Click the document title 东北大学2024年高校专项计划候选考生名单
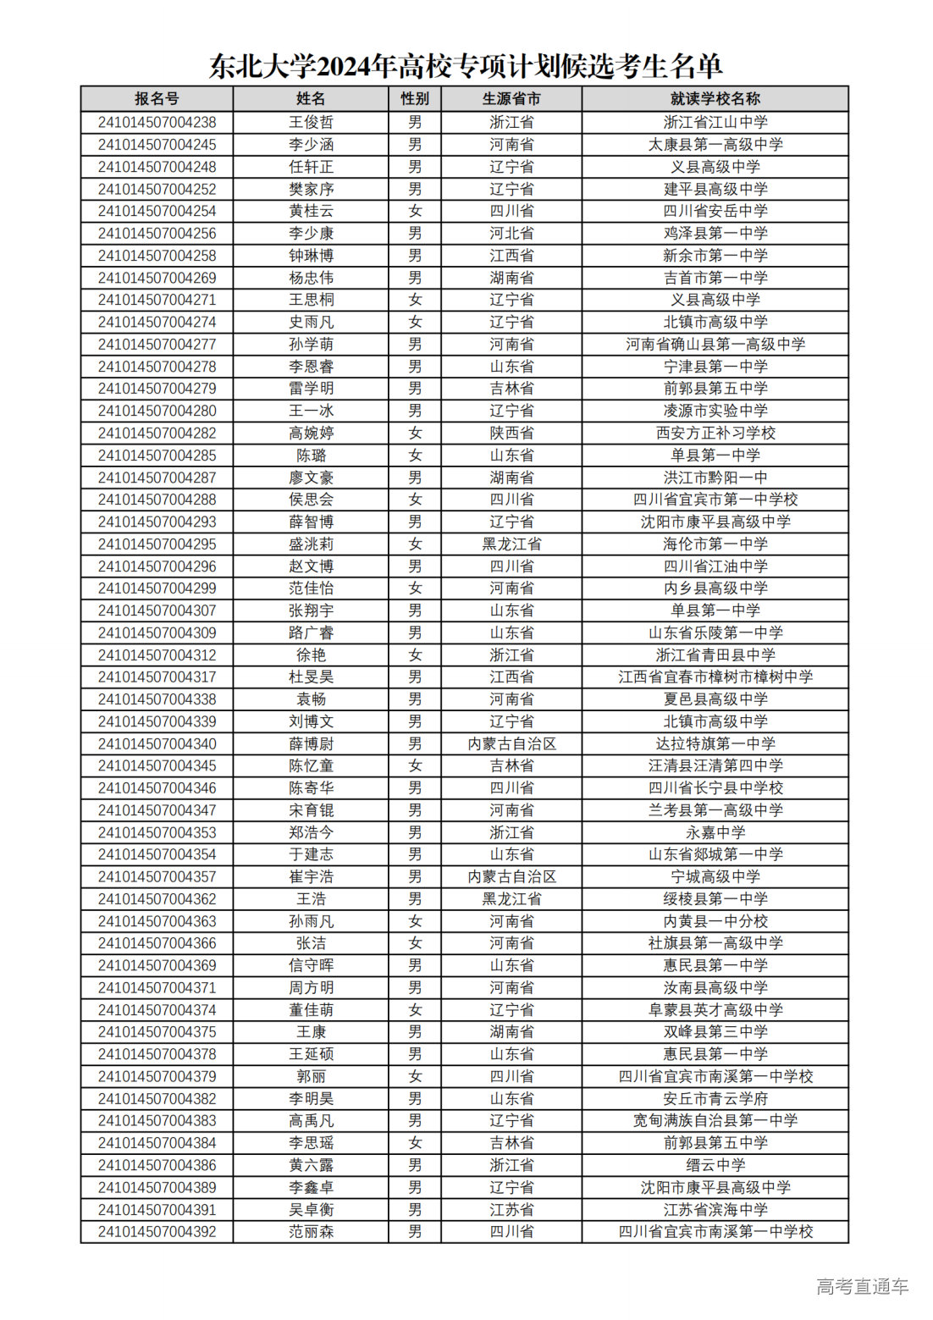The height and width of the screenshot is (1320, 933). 466,66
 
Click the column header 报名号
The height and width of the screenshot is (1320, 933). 157,99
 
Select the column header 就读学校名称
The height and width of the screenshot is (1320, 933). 715,99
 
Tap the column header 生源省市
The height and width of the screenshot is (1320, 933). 511,99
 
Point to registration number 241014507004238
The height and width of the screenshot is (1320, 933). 157,122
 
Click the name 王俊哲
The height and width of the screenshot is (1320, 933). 311,122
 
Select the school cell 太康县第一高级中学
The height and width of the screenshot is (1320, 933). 715,145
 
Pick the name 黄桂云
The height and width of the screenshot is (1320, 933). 311,211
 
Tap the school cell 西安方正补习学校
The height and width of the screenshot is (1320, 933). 715,433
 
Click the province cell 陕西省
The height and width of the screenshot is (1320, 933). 511,433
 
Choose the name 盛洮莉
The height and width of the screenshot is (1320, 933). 311,544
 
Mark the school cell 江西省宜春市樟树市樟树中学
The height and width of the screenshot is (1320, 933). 715,677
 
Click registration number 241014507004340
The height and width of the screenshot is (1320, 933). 157,743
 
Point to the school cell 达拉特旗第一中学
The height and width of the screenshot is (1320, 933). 715,743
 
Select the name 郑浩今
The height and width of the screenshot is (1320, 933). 311,832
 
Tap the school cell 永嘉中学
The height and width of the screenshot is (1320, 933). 715,832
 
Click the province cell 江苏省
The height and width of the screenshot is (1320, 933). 511,1209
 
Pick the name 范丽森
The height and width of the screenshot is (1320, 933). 311,1231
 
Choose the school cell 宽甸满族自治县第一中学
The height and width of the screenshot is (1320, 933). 715,1120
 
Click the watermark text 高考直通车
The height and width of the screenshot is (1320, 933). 862,1286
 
